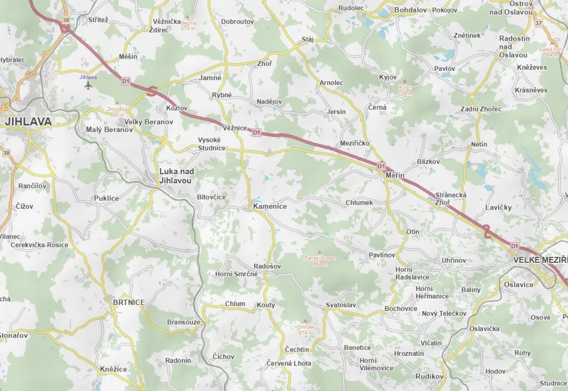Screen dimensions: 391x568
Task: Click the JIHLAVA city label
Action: click(28, 121)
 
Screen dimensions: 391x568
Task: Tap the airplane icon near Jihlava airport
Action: click(88, 86)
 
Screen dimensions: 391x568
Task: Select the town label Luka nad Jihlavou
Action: click(176, 176)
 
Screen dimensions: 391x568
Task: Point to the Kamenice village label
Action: click(270, 206)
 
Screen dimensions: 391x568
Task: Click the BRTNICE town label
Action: click(129, 303)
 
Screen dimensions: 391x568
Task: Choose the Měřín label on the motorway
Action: click(395, 175)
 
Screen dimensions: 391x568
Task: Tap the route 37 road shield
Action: click(539, 23)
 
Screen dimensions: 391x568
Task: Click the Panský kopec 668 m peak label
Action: click(320, 261)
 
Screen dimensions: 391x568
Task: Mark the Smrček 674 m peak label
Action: click(306, 329)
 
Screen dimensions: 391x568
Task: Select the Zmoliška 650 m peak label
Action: click(118, 112)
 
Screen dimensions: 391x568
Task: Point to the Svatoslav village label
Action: click(341, 305)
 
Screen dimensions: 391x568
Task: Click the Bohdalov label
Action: click(411, 9)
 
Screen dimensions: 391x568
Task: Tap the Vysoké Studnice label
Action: click(212, 144)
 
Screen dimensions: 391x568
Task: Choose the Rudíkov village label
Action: click(429, 376)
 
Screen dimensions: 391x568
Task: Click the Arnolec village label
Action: click(331, 83)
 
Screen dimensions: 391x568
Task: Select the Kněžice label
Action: click(113, 369)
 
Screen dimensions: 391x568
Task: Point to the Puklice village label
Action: click(106, 198)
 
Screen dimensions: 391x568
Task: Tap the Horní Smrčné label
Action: click(236, 274)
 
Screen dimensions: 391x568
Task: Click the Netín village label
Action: click(479, 144)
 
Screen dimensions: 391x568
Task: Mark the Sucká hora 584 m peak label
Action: click(550, 52)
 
